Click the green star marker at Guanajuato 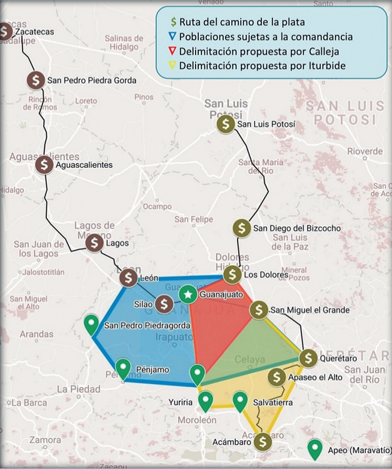(188, 294)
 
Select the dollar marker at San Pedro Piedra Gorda (36, 80)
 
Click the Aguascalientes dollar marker (44, 165)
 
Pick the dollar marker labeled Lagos (94, 243)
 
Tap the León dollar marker (128, 278)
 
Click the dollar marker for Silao (164, 305)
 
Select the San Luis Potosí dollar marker (226, 124)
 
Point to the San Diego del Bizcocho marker (241, 228)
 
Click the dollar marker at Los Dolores (233, 274)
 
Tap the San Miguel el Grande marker (259, 310)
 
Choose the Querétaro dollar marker (308, 358)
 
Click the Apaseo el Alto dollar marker (277, 377)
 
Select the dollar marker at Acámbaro (263, 441)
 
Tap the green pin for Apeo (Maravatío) (315, 448)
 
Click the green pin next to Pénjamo (123, 368)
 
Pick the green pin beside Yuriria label (205, 400)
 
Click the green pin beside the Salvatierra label (240, 400)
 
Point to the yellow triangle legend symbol (173, 66)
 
